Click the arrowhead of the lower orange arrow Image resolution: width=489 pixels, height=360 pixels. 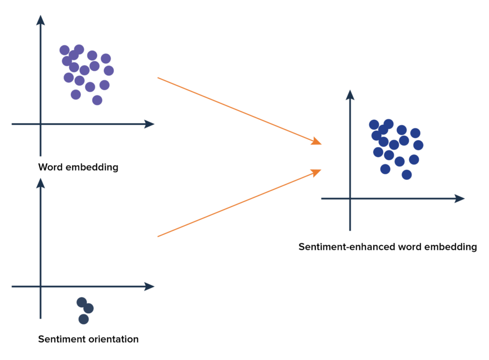(x=317, y=172)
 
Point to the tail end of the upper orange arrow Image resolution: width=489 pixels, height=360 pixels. (x=158, y=78)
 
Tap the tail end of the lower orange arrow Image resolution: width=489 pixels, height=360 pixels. (x=158, y=237)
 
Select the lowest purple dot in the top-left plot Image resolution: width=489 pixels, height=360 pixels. (x=97, y=100)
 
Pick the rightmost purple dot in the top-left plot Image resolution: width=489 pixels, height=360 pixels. (x=109, y=70)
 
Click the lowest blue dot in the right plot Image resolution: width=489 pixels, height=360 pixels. (x=407, y=174)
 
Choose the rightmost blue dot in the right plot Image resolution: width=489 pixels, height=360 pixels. (x=418, y=145)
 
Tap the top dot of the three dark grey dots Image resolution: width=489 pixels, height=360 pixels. (x=82, y=302)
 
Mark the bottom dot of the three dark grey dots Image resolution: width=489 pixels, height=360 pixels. (x=84, y=319)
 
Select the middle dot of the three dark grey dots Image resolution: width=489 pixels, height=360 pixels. (x=88, y=308)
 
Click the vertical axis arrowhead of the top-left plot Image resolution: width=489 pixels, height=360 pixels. (x=40, y=19)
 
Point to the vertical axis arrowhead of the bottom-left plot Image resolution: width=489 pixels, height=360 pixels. (x=40, y=182)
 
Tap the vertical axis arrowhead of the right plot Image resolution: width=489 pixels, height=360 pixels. (x=350, y=94)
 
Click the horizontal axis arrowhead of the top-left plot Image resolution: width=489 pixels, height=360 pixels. (x=149, y=124)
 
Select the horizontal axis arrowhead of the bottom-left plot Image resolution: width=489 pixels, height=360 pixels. (x=149, y=286)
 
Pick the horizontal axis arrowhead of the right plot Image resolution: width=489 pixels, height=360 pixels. (x=460, y=198)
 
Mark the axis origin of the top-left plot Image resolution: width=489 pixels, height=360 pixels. (x=40, y=124)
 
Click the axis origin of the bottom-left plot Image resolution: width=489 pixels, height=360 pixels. (x=40, y=286)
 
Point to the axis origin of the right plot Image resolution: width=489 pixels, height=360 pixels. (x=350, y=198)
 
